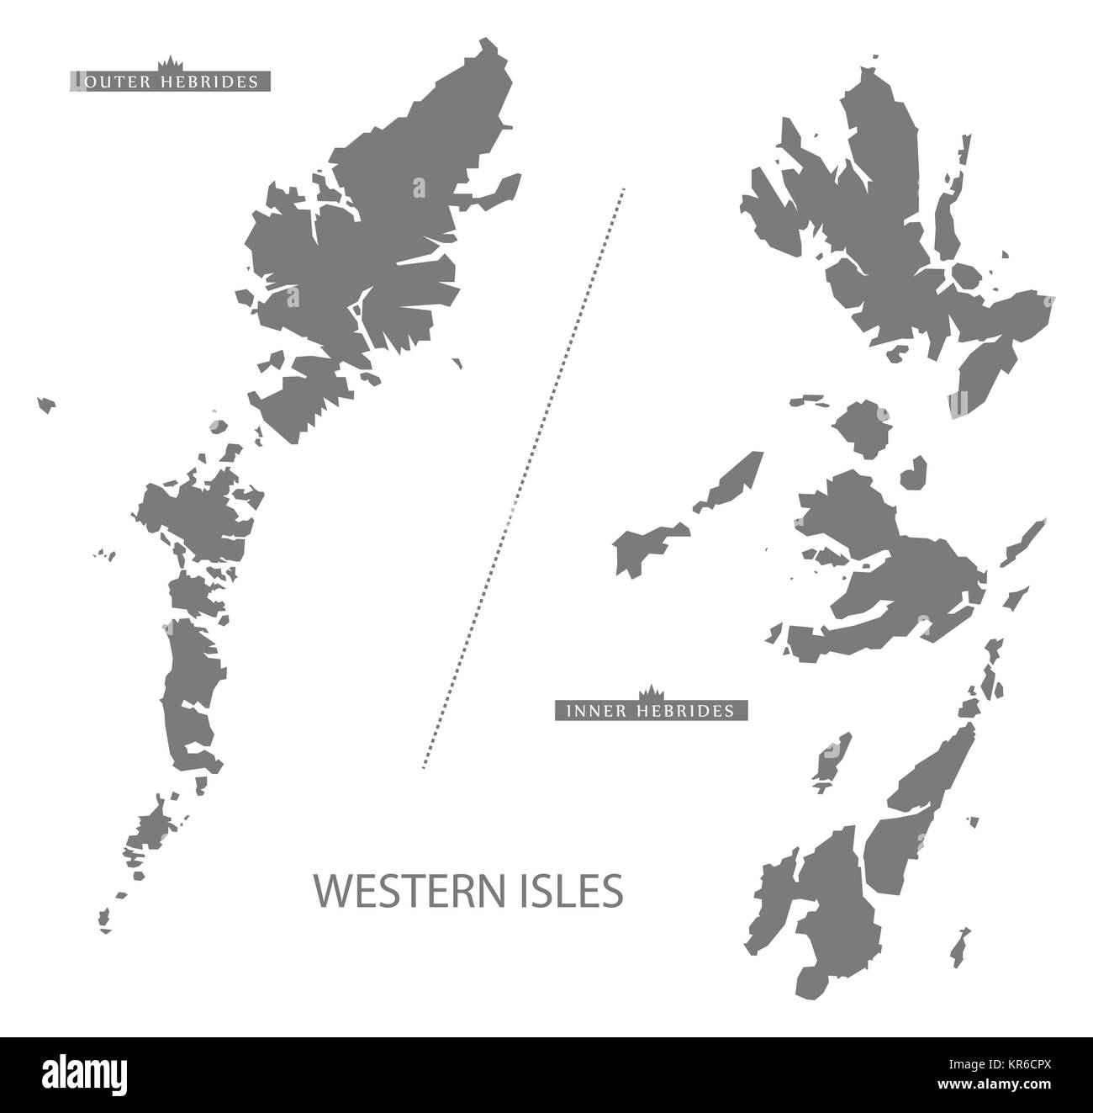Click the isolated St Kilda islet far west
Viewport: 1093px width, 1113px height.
tap(46, 405)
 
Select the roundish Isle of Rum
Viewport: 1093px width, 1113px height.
tap(858, 430)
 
